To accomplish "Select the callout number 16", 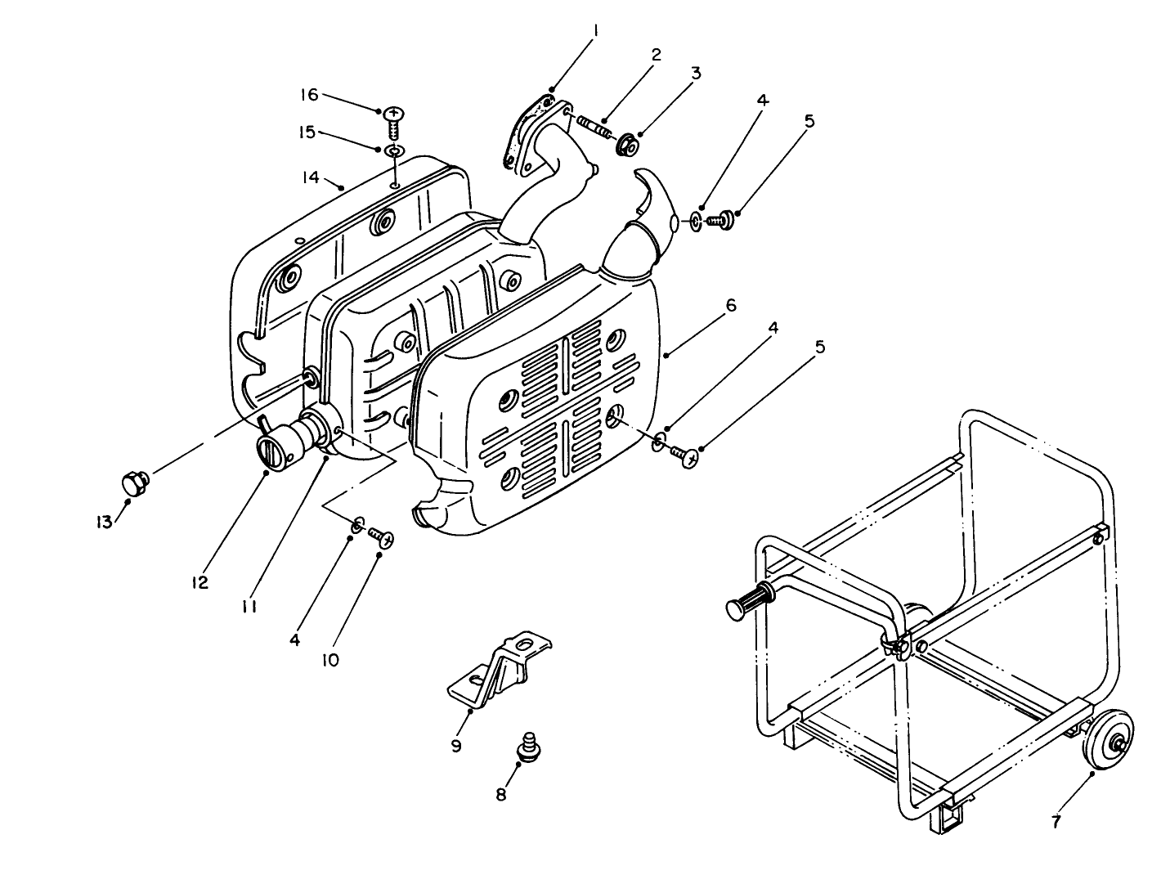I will tap(308, 95).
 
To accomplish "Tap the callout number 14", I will tap(312, 175).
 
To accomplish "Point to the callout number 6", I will tap(730, 306).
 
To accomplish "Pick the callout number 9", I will tap(456, 745).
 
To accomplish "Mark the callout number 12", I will tap(199, 582).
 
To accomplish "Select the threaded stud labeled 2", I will tap(594, 127).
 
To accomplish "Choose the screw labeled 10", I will tap(381, 537).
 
